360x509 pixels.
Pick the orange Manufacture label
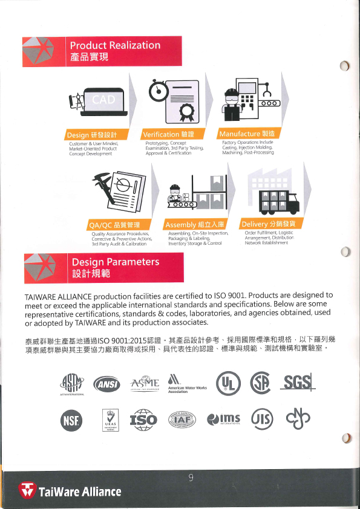coord(248,134)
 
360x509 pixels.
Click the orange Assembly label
coord(194,224)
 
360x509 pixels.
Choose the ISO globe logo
coord(144,419)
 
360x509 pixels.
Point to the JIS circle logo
coord(263,419)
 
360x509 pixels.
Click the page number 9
coord(191,478)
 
